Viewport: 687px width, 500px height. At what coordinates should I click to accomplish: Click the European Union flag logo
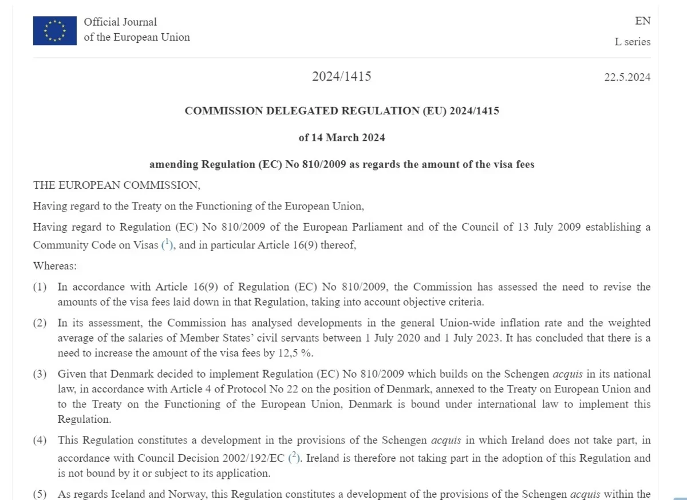pyautogui.click(x=54, y=30)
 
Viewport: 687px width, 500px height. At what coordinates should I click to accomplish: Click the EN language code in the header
pyautogui.click(x=642, y=21)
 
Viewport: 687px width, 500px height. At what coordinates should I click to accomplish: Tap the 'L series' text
pyautogui.click(x=632, y=42)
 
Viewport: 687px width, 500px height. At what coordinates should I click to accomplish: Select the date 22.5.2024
pyautogui.click(x=627, y=77)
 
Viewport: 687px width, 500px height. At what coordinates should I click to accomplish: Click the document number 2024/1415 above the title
pyautogui.click(x=341, y=76)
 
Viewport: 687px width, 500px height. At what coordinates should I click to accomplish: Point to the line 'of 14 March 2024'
pyautogui.click(x=342, y=137)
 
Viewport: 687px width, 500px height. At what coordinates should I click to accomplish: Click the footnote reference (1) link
pyautogui.click(x=167, y=244)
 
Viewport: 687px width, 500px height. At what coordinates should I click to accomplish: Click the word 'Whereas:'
pyautogui.click(x=55, y=266)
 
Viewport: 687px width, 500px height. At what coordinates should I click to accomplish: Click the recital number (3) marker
pyautogui.click(x=40, y=374)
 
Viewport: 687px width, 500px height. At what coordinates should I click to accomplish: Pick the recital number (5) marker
pyautogui.click(x=40, y=494)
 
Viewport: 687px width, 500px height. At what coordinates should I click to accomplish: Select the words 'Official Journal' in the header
pyautogui.click(x=120, y=22)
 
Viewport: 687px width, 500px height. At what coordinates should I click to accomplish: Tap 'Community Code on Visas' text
pyautogui.click(x=94, y=245)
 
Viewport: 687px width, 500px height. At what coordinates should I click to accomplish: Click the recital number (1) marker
pyautogui.click(x=40, y=287)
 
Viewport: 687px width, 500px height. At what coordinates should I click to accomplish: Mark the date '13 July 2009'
pyautogui.click(x=549, y=227)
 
